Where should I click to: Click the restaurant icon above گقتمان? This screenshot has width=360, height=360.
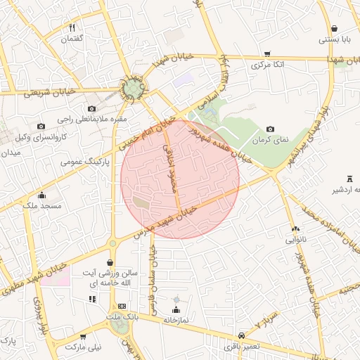(x=72, y=28)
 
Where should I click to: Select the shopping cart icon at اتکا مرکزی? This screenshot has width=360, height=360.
(x=267, y=54)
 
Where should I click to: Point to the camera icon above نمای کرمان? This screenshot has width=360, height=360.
(x=271, y=129)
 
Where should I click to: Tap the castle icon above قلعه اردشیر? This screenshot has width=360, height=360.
(x=349, y=179)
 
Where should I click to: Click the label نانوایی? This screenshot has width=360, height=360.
(x=295, y=239)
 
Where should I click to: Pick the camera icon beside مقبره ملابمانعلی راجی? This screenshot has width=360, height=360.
(x=91, y=108)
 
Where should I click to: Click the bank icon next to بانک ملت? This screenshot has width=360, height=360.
(x=122, y=307)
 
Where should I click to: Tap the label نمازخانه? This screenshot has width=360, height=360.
(x=176, y=319)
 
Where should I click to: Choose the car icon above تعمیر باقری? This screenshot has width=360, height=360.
(x=242, y=335)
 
